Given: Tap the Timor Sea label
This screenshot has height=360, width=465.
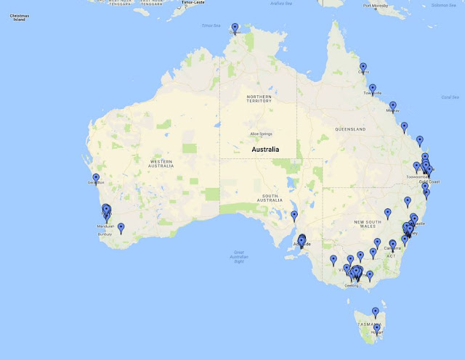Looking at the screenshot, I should pos(211,25).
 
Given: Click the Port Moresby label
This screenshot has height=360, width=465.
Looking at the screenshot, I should pos(376,7).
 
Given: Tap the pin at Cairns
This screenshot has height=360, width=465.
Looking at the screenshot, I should pos(363,67).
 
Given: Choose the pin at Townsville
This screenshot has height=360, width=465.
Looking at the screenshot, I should pos(373,89).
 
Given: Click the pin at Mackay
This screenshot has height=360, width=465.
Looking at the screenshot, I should pos(393,106).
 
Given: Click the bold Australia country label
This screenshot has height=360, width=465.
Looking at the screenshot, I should pos(265,150).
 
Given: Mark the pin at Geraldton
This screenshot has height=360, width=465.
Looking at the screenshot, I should pos(96,178).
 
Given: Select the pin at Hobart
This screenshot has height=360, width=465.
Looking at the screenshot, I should pos(377,328).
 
